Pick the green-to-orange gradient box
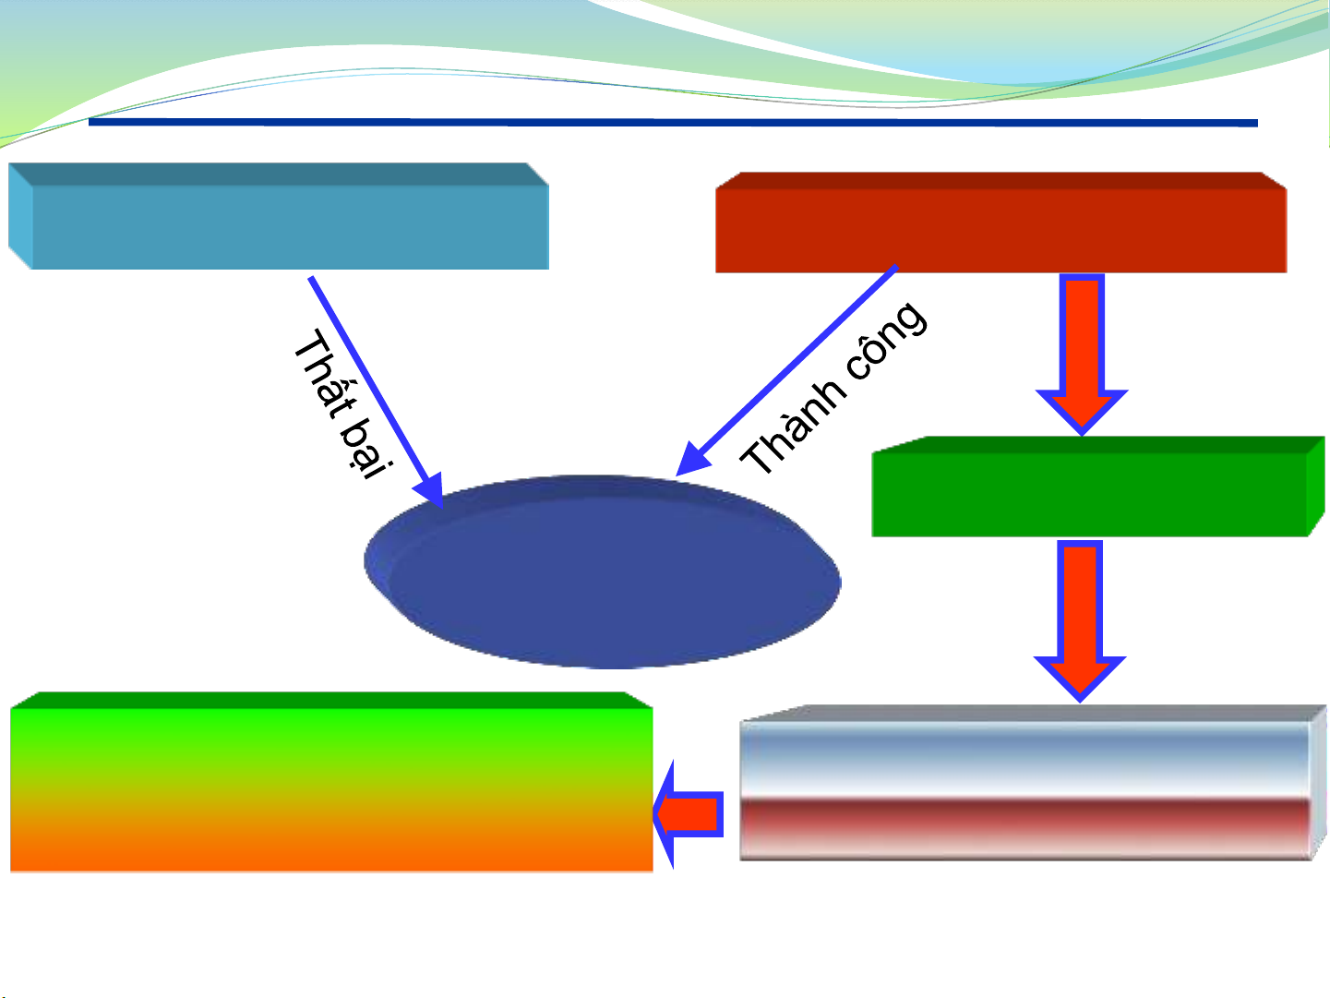331,785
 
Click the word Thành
793,427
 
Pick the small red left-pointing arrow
688,814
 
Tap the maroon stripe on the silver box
1024,818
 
